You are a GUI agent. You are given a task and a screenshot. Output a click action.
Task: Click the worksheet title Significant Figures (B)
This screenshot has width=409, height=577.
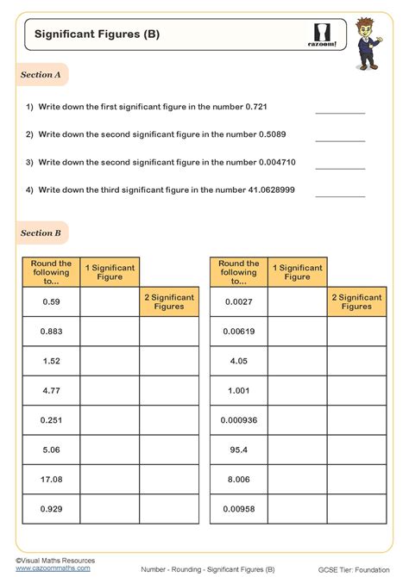97,35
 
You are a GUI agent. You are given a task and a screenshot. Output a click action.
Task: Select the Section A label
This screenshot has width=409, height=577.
41,75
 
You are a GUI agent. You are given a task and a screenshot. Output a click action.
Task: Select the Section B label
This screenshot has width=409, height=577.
41,233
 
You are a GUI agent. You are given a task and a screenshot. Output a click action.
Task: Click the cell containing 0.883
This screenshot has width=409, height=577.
51,331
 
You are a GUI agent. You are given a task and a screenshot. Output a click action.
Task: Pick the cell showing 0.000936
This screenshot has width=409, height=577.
239,420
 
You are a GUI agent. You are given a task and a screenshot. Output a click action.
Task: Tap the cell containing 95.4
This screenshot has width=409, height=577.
239,450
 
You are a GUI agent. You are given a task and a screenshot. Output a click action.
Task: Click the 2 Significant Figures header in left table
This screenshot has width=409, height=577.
168,301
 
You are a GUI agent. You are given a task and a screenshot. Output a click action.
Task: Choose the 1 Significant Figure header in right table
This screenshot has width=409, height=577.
297,272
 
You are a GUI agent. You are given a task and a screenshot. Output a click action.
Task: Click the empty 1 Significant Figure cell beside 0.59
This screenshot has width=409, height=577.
110,301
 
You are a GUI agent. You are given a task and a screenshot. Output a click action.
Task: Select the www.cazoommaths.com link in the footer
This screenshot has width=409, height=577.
53,568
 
